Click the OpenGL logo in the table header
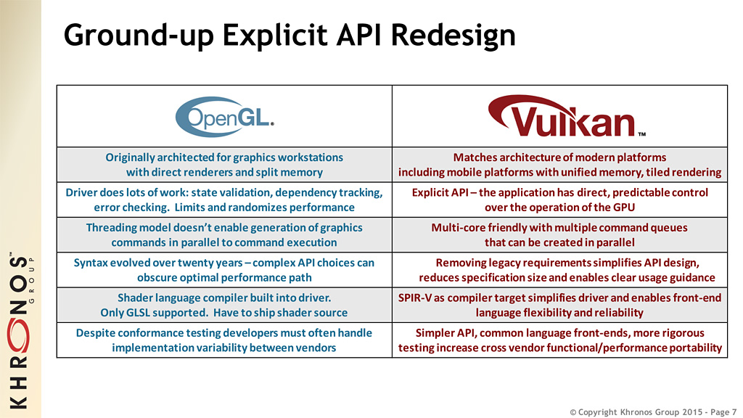(225, 117)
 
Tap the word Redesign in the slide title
(453, 35)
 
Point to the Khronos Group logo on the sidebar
(20, 330)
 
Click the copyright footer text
(653, 412)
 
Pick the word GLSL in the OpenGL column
(138, 313)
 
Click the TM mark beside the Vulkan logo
(641, 134)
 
